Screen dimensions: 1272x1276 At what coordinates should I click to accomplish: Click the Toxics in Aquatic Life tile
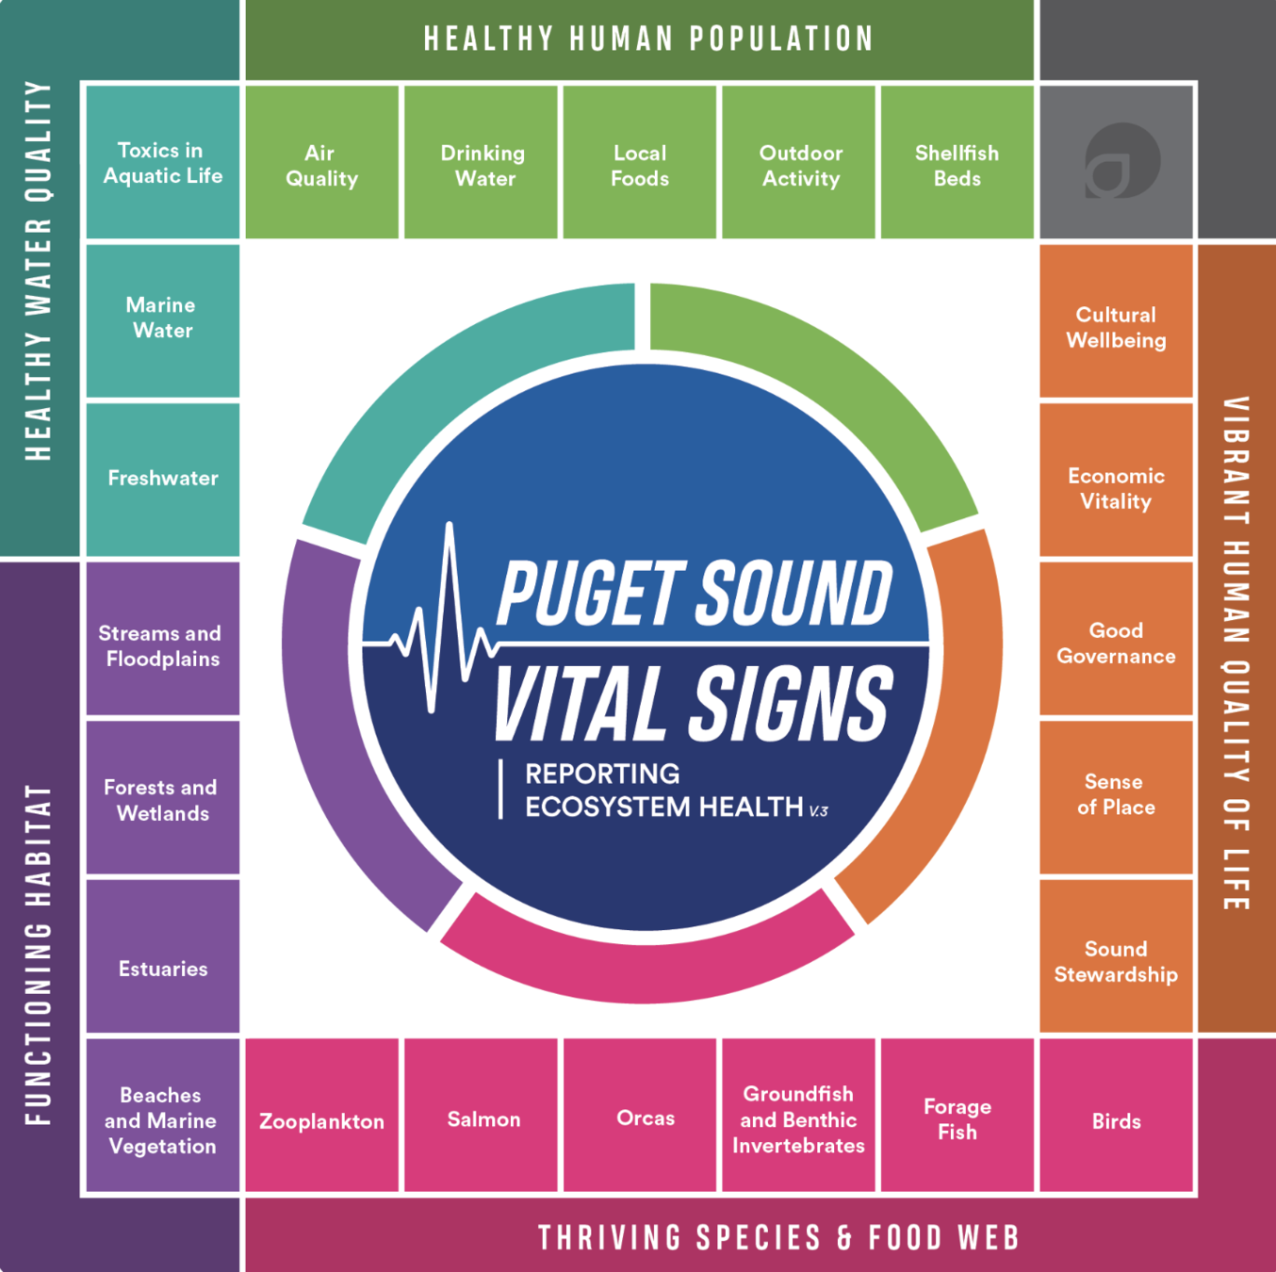point(162,162)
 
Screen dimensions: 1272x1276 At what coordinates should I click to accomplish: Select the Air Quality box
point(321,162)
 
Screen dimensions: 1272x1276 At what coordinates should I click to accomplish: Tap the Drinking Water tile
point(481,162)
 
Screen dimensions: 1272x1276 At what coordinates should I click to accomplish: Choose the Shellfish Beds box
point(957,162)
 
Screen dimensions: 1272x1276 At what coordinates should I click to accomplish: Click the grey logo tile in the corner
point(1117,162)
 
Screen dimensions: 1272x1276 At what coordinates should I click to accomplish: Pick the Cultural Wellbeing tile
point(1116,322)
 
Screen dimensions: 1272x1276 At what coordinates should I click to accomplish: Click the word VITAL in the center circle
point(583,703)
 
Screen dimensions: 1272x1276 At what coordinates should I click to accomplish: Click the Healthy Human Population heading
point(648,40)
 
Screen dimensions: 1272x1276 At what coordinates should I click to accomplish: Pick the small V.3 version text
point(818,810)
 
